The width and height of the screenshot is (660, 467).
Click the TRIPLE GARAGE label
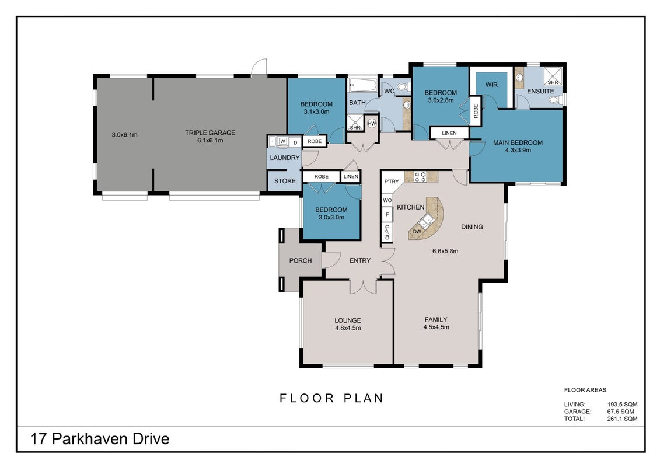(210, 133)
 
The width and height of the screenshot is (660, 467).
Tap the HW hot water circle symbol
(372, 123)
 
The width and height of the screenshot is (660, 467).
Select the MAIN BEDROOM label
(518, 142)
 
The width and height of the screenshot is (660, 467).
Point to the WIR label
(491, 85)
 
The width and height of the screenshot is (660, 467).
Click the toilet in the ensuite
(557, 100)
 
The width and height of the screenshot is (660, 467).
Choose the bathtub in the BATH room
(363, 86)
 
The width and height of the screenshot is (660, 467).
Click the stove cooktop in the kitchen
(420, 176)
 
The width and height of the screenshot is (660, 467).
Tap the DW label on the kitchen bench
(417, 232)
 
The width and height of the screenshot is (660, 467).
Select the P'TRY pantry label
(391, 182)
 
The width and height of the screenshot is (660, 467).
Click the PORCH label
(301, 261)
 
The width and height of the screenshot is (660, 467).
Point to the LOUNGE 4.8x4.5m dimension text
(348, 328)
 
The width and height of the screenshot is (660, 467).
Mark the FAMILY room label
(436, 320)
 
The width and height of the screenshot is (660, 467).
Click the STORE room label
(285, 181)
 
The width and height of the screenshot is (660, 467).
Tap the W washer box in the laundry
(282, 141)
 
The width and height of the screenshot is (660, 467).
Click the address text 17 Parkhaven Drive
(100, 439)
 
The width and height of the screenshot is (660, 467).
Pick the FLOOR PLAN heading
(331, 398)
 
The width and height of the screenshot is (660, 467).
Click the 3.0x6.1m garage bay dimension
(125, 135)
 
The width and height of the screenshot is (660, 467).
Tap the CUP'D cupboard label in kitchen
(387, 232)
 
